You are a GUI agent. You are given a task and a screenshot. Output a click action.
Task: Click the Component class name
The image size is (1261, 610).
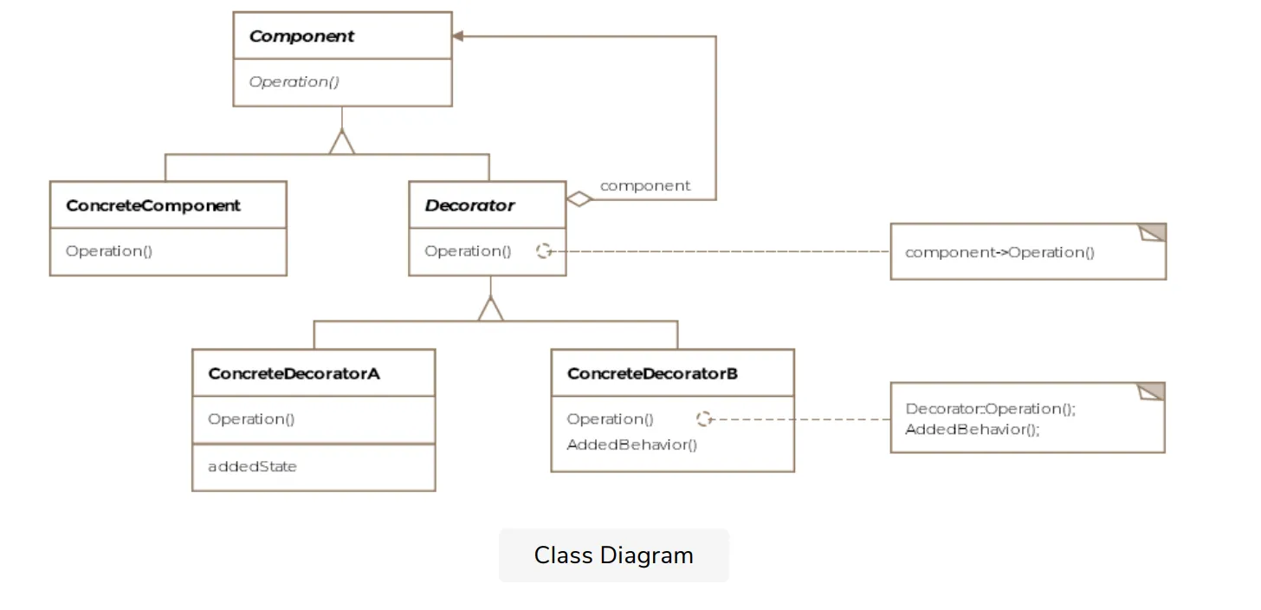[301, 36]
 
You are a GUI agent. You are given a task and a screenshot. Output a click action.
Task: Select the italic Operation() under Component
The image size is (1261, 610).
[294, 82]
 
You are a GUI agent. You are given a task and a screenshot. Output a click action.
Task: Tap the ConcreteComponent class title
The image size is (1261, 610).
[153, 205]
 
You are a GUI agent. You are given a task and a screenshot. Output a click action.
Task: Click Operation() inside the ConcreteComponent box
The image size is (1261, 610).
[109, 251]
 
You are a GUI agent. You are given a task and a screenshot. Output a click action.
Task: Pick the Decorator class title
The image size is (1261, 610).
[469, 205]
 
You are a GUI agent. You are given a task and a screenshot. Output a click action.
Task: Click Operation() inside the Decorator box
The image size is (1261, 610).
[468, 251]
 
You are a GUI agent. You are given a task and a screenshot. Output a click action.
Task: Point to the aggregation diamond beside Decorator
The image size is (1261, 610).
[579, 199]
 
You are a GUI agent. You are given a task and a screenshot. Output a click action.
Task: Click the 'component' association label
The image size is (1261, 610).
[645, 185]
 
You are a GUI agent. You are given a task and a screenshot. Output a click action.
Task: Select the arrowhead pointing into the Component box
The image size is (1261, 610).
[459, 36]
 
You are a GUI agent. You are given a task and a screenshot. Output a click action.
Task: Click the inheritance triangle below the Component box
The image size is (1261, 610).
[342, 143]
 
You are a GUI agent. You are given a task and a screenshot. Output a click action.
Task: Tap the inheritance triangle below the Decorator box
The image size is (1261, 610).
[490, 309]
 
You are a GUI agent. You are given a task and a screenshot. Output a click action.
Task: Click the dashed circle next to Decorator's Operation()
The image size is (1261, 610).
[544, 251]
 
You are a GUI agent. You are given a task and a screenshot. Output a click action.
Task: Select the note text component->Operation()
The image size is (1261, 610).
[999, 252]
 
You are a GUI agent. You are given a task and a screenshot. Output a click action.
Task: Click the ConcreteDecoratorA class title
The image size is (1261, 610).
[294, 373]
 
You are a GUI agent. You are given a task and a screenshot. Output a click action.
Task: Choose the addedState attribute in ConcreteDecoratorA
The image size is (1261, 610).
[252, 466]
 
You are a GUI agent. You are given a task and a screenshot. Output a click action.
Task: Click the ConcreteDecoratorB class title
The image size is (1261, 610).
[652, 373]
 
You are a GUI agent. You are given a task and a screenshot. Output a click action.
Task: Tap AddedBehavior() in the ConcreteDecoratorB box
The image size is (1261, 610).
[631, 445]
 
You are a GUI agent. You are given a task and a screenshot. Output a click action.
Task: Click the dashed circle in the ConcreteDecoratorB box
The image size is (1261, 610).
[704, 419]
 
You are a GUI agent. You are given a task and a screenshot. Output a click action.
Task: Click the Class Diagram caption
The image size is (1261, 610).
[613, 555]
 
